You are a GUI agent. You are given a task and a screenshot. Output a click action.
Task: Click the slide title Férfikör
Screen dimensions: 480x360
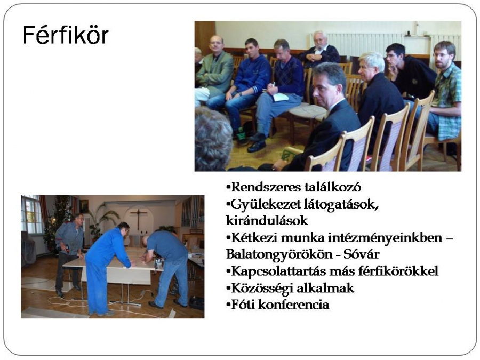click(66, 35)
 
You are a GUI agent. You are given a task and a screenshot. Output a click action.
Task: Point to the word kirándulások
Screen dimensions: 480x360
click(267, 220)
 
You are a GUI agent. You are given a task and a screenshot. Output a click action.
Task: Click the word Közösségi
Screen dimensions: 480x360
click(260, 288)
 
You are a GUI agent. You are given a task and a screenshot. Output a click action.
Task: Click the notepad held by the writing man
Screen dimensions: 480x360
click(280, 97)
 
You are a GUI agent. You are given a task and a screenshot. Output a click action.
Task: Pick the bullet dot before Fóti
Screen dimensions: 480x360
click(228, 305)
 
